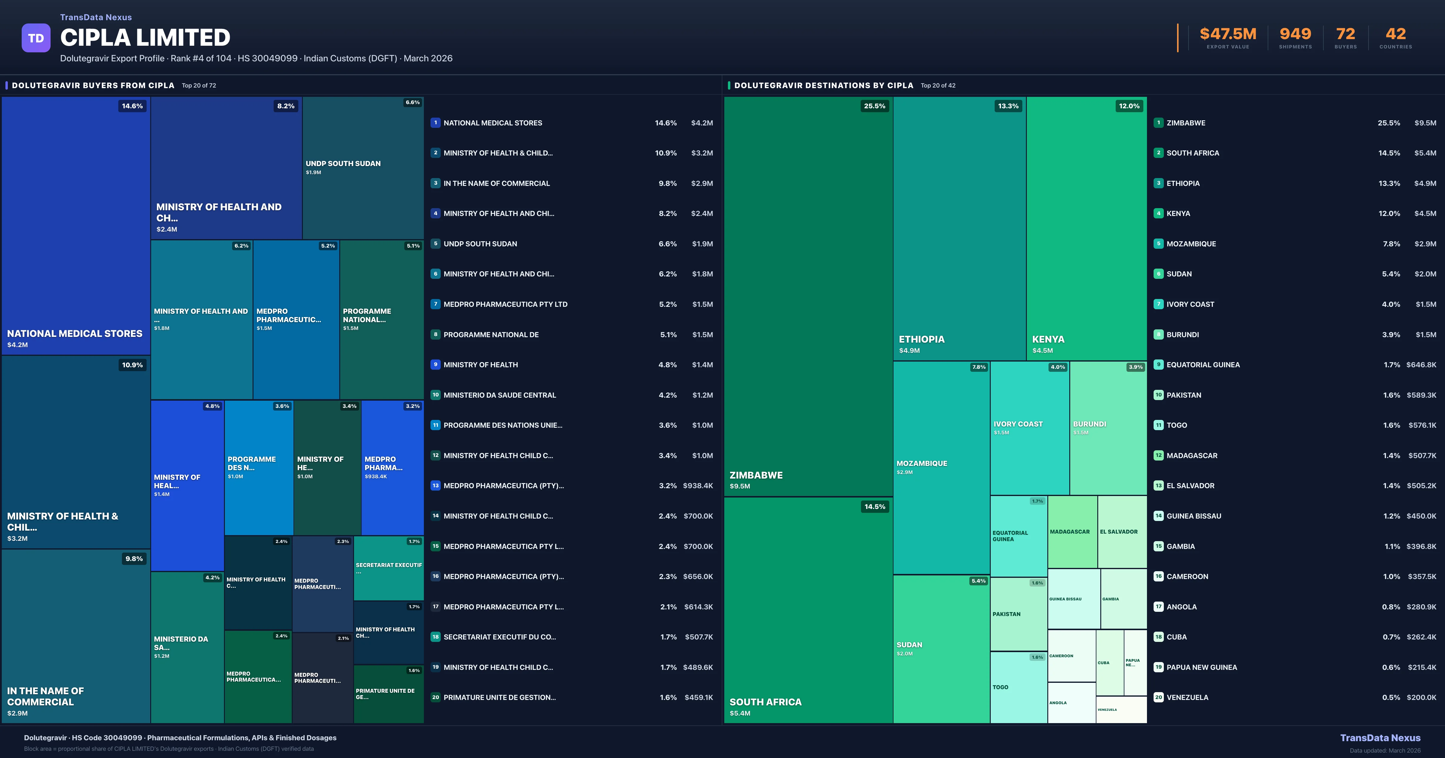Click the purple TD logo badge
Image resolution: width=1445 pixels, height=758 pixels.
pos(36,38)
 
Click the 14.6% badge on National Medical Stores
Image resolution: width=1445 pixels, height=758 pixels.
pos(132,106)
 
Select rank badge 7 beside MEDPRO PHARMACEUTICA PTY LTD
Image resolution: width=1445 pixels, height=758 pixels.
pos(435,304)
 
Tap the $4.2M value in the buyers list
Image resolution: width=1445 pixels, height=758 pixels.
pos(702,123)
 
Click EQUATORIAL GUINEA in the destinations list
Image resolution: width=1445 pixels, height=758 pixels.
pos(1203,365)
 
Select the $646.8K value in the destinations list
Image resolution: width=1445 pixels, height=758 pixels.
pos(1421,365)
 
